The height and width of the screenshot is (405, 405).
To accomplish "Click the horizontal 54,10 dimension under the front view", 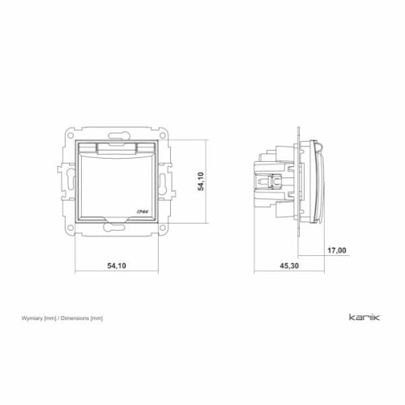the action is pos(117,266).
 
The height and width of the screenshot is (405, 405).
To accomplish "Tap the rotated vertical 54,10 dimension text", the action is pos(201,181).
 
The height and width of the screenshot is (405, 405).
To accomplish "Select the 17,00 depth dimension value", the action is pos(337,250).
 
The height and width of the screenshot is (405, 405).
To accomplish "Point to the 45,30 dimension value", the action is pos(289,266).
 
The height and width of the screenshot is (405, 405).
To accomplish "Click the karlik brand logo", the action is pos(364,317).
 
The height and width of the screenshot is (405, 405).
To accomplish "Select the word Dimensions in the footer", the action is pos(75,318).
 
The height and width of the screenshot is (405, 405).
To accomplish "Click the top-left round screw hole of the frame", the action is pos(70,135).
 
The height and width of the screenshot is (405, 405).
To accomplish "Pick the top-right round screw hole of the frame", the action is pos(163,135).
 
